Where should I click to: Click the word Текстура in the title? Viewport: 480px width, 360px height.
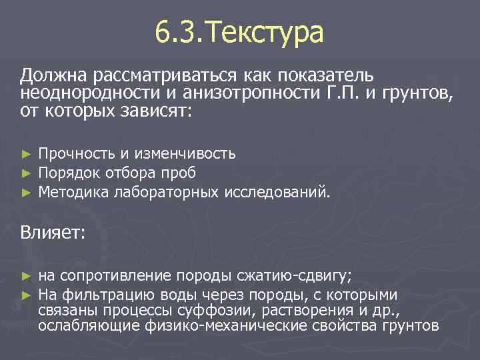266,33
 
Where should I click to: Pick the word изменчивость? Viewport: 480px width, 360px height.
185,154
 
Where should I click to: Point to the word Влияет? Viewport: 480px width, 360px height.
53,233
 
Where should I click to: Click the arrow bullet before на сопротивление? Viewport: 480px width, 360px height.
26,277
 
